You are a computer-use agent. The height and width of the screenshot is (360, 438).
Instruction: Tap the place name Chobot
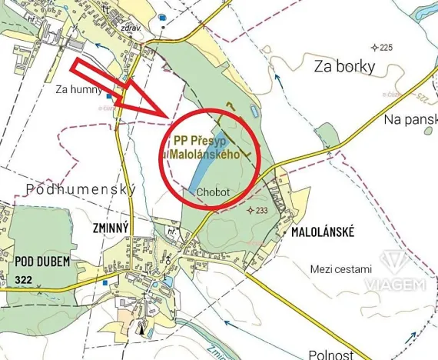(x=210, y=192)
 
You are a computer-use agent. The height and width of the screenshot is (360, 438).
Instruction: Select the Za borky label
(x=344, y=66)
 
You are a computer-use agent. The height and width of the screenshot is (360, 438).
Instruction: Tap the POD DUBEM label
(x=42, y=262)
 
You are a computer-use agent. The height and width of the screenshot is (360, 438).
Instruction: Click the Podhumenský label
(x=80, y=188)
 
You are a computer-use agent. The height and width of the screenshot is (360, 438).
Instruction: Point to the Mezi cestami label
(x=340, y=269)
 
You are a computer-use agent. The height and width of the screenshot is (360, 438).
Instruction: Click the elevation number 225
(x=385, y=48)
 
